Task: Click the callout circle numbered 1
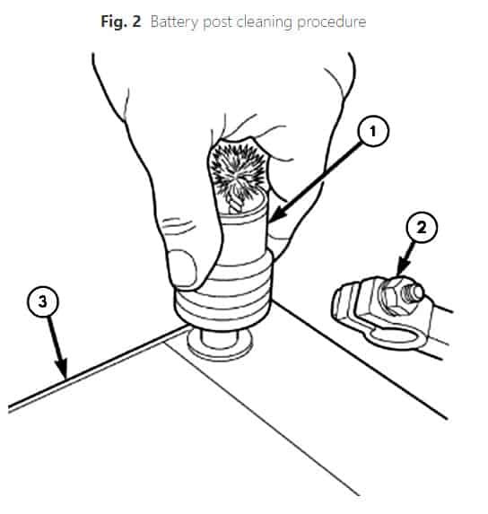pyautogui.click(x=373, y=132)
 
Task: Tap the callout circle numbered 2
pyautogui.click(x=421, y=227)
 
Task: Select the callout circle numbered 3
pyautogui.click(x=42, y=302)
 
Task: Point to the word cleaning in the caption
pyautogui.click(x=264, y=22)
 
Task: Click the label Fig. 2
pyautogui.click(x=121, y=22)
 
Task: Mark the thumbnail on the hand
pyautogui.click(x=182, y=268)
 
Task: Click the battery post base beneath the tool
pyautogui.click(x=220, y=344)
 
